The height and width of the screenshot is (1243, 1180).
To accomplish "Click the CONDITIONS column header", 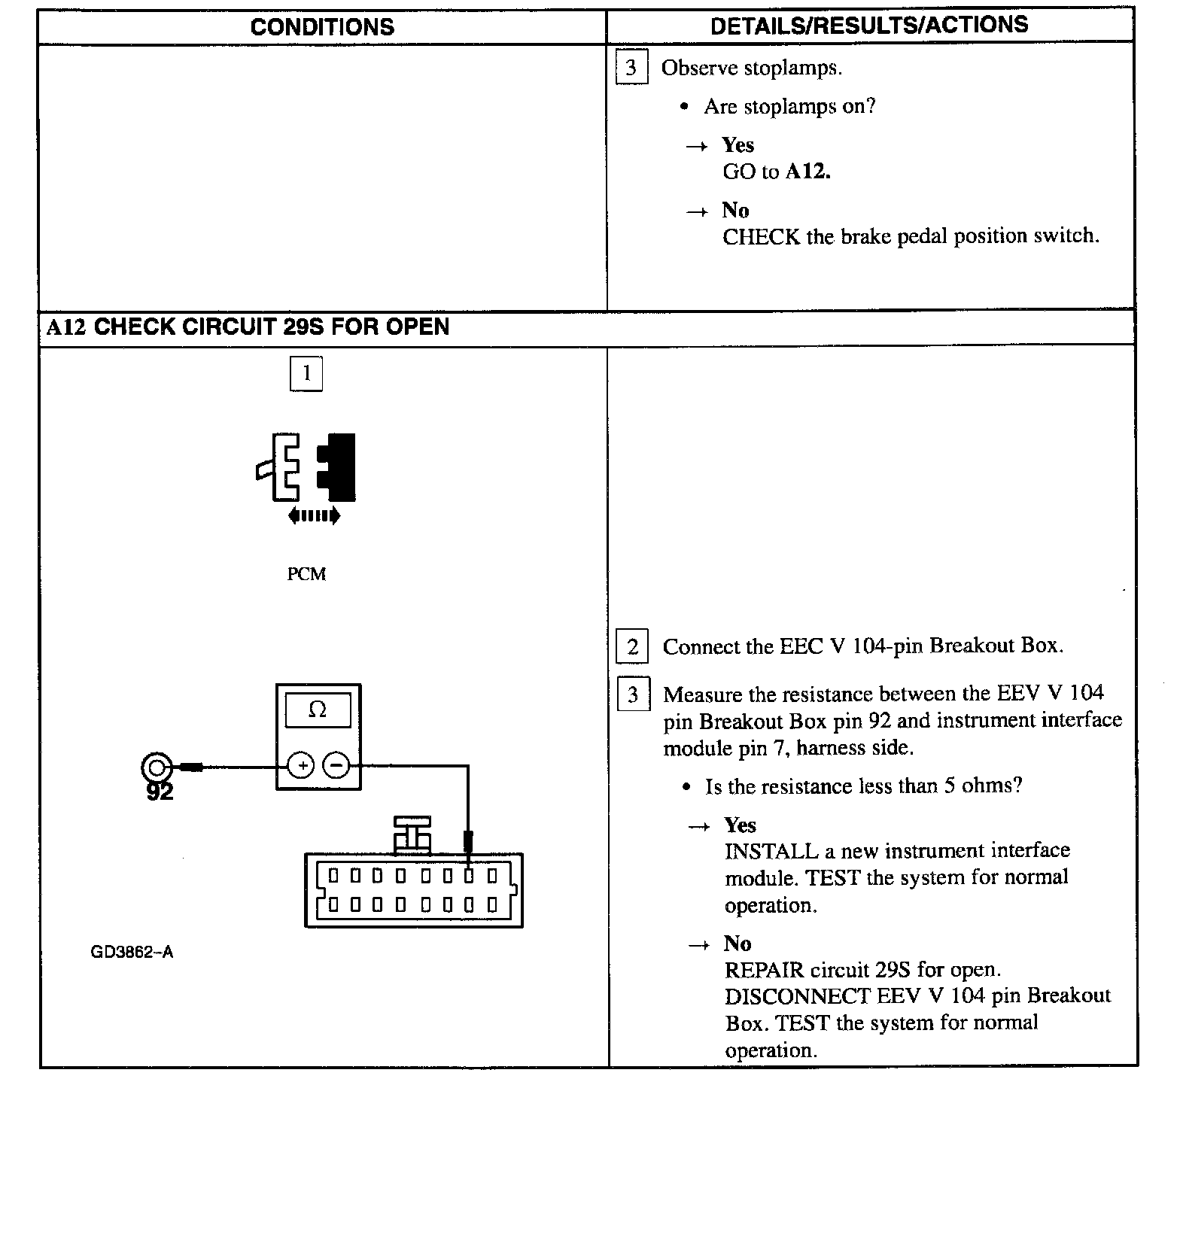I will [x=322, y=27].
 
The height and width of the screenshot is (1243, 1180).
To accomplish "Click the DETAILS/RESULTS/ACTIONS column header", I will [x=869, y=25].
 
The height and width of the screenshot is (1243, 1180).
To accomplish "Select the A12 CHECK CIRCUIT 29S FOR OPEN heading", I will [x=248, y=327].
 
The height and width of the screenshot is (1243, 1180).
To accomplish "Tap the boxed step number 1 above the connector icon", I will [x=306, y=374].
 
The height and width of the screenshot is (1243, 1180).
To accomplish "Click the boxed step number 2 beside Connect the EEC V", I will [x=632, y=647].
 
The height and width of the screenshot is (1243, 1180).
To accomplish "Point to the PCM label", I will [x=306, y=574].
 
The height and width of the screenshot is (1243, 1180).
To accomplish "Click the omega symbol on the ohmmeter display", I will [x=318, y=710].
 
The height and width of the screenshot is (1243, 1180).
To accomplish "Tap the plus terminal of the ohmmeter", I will [x=301, y=766].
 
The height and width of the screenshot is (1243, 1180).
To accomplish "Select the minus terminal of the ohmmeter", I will [x=336, y=766].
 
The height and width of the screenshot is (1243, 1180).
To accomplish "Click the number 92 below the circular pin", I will [x=160, y=792].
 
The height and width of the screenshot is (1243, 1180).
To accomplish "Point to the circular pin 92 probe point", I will [x=156, y=767].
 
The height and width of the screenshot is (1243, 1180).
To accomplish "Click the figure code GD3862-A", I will [x=132, y=952].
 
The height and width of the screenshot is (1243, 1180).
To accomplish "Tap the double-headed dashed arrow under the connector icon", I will [x=314, y=516].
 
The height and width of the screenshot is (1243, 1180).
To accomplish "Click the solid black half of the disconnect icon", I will [x=338, y=467].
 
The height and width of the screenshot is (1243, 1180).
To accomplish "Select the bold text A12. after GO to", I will [x=808, y=172].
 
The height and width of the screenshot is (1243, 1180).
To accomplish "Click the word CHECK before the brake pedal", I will [x=762, y=236].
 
